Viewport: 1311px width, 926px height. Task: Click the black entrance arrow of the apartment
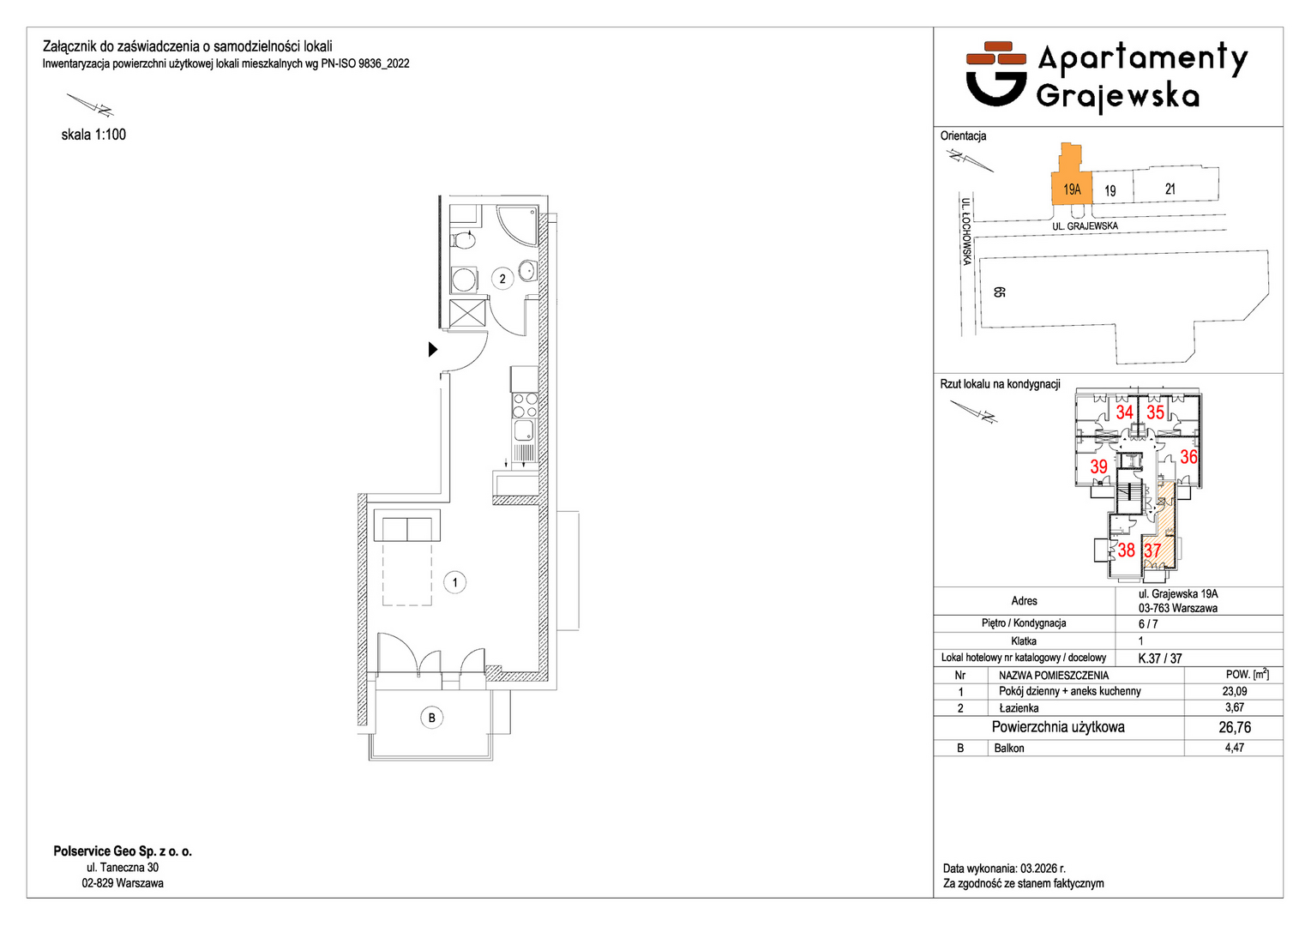coord(432,350)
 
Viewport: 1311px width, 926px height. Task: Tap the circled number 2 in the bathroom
coord(502,280)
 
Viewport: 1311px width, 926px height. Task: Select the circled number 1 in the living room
coord(454,582)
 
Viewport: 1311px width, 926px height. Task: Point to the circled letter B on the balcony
coord(432,718)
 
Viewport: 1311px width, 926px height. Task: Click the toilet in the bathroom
coord(463,240)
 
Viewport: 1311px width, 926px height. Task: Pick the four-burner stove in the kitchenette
coord(525,406)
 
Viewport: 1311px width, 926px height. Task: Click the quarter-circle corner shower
coord(517,225)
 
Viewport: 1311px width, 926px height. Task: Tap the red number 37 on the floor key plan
coord(1152,550)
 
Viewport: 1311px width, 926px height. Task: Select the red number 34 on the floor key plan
coord(1124,412)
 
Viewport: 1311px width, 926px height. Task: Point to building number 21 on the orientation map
coord(1170,189)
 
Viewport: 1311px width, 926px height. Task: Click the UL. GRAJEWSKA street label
coord(1085,226)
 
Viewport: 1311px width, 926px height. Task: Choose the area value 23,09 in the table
coord(1235,691)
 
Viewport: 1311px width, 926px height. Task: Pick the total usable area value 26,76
coord(1235,727)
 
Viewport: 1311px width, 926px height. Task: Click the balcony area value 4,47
coord(1235,748)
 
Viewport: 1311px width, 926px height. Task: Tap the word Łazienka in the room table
coord(1019,707)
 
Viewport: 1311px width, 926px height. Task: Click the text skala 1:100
coord(93,135)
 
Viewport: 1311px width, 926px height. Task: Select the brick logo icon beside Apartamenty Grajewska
coord(995,74)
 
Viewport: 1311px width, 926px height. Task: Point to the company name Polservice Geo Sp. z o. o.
coord(123,851)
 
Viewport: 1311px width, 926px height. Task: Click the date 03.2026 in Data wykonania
coord(1037,869)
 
